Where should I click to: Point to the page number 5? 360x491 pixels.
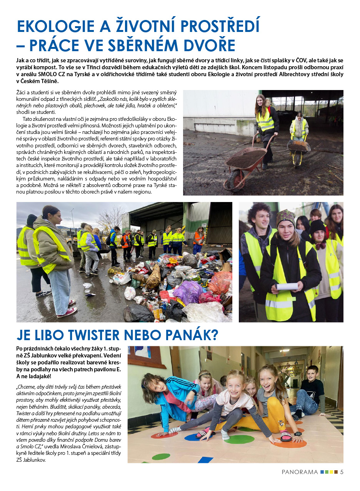click(x=342, y=472)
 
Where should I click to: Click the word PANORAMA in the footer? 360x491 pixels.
click(x=300, y=472)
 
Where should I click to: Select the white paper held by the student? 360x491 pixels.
click(x=287, y=286)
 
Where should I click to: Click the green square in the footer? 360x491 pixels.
click(x=327, y=472)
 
